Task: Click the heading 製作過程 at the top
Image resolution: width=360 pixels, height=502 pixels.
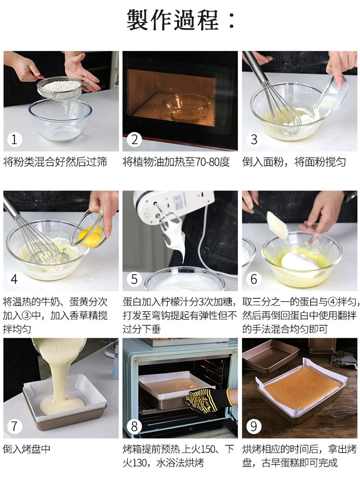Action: coord(181,19)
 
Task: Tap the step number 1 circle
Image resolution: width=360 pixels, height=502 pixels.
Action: coord(14,139)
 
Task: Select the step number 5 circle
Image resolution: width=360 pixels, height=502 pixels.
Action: coord(134,279)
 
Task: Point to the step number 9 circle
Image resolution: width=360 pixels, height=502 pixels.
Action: coord(254,426)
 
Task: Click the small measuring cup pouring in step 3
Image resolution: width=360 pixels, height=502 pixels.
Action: coord(333,93)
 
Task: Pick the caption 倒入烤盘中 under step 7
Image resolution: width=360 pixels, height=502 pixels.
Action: coord(26,449)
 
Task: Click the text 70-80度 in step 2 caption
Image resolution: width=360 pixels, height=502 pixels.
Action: coord(212,162)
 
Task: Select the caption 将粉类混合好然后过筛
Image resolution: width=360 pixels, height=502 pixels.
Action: coord(55,162)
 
